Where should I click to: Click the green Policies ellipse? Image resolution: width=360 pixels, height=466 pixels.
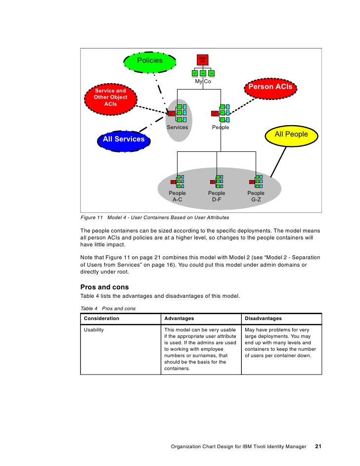150,61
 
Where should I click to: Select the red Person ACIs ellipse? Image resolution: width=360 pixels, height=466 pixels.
270,87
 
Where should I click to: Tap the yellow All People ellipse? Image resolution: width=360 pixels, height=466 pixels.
291,135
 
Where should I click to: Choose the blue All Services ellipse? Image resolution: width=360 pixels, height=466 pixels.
124,140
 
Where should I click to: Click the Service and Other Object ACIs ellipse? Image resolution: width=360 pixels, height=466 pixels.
110,97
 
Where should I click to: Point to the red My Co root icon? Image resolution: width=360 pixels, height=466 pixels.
202,60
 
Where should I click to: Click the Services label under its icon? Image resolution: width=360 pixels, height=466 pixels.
177,128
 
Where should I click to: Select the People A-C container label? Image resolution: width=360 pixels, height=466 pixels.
177,196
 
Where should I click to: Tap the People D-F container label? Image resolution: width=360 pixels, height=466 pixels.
216,196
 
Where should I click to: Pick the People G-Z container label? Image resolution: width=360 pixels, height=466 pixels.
256,196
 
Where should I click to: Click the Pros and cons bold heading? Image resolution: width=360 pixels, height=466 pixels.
104,287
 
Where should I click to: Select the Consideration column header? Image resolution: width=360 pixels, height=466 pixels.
101,319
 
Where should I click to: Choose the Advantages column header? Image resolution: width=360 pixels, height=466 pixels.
179,319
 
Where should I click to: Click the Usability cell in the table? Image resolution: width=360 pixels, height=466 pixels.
94,330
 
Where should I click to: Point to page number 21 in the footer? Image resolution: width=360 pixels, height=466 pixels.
318,447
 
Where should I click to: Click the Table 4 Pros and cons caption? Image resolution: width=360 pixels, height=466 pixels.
108,308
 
